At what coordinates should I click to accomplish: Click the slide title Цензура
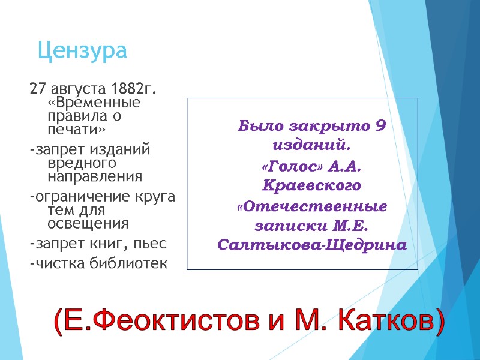[x=82, y=51]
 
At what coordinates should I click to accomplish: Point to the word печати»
[x=76, y=129]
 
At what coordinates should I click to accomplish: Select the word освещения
[x=88, y=224]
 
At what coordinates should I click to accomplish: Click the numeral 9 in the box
[x=379, y=127]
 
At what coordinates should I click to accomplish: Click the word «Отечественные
[x=312, y=206]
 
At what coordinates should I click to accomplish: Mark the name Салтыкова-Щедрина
[x=312, y=246]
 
